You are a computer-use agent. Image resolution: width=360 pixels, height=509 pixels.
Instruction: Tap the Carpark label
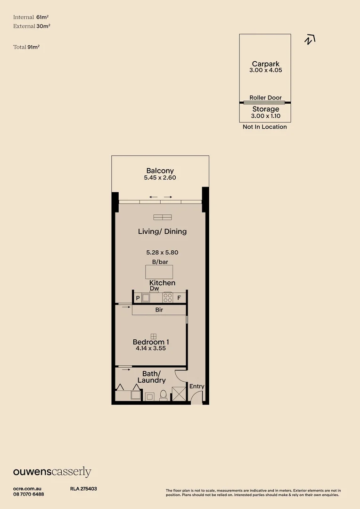pos(265,64)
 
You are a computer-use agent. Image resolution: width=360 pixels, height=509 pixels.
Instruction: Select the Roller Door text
pos(265,98)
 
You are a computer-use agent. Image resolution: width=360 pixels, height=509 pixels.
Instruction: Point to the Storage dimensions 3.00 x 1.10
pos(265,116)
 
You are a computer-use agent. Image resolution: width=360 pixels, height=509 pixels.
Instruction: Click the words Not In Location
pos(264,127)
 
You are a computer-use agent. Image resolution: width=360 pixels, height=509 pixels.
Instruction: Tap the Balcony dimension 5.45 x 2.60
pos(160,178)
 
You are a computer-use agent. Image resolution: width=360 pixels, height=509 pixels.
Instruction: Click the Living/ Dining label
pos(162,231)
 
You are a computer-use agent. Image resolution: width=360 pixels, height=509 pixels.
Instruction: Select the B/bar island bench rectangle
pos(159,272)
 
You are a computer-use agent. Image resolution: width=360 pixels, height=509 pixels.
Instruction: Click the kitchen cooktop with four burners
pos(167,297)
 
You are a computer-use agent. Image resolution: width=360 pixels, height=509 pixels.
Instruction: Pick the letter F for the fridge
pos(179,298)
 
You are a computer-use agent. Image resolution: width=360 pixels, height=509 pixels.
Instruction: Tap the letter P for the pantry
pos(138,298)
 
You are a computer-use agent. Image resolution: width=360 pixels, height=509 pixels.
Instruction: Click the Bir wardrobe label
pos(159,311)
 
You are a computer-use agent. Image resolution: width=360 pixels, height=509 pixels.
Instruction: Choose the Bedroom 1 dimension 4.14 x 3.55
pos(150,349)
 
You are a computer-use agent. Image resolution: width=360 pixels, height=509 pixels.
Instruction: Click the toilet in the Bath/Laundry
pos(164,395)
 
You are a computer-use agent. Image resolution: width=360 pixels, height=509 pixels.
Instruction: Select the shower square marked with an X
pos(179,394)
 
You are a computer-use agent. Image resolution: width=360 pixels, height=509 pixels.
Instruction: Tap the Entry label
pos(196,386)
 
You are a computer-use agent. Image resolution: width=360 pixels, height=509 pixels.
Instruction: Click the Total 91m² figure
pos(27,47)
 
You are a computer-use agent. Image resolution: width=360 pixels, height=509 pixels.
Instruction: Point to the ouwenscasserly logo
pos(52,472)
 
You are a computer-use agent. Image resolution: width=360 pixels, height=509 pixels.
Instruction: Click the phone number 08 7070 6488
pos(28,494)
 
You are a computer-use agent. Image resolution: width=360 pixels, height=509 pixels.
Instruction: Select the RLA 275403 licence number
pos(83,489)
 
